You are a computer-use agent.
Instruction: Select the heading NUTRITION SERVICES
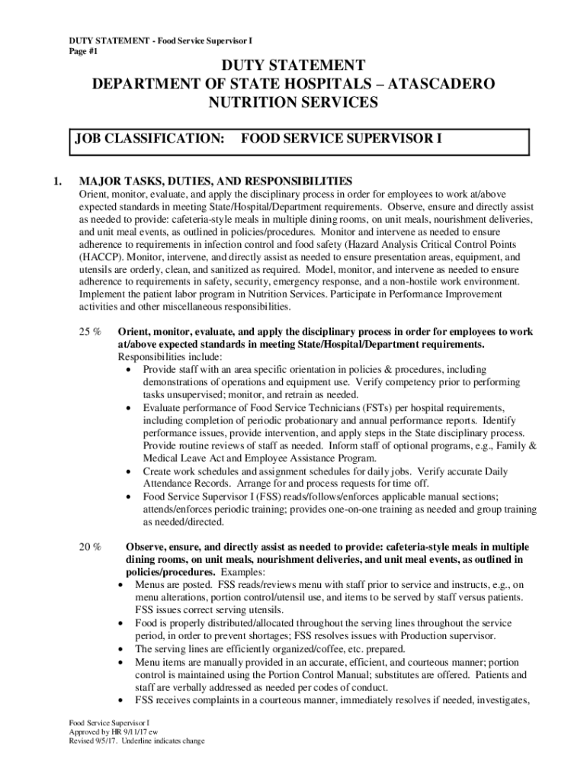click(x=293, y=101)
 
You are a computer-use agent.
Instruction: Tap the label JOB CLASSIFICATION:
click(x=149, y=139)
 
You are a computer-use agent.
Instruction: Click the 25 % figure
click(x=91, y=332)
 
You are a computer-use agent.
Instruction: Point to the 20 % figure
click(x=91, y=547)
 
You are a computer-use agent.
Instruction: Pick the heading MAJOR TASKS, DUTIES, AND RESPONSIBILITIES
click(x=216, y=182)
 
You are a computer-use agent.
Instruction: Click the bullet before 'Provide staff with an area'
click(x=129, y=369)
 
